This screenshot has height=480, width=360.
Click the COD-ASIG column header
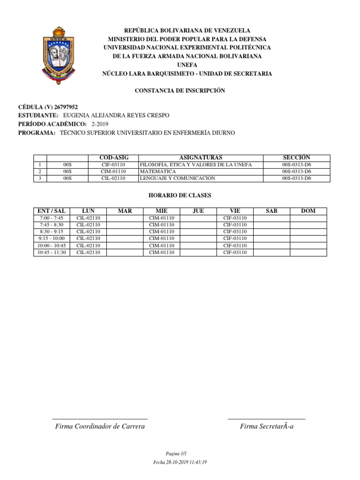[113, 158]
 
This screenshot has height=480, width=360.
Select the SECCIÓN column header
[296, 158]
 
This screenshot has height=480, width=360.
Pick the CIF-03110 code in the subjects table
[113, 165]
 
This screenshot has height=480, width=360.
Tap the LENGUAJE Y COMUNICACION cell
[177, 178]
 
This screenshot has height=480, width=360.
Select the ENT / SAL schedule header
[52, 211]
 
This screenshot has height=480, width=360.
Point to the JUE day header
[198, 211]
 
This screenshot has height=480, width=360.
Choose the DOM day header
[308, 211]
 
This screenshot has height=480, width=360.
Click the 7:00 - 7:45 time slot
[52, 218]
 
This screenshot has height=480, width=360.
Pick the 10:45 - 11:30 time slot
[52, 252]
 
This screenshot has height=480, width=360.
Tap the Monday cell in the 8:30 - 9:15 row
[88, 232]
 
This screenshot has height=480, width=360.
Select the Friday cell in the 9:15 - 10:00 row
[235, 239]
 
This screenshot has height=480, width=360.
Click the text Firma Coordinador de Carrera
[100, 426]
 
